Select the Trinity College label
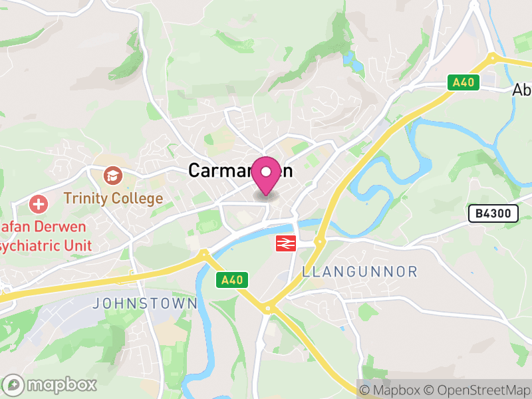click(113, 198)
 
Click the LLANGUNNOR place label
click(360, 271)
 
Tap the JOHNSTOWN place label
click(144, 303)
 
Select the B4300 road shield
click(493, 213)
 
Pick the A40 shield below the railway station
click(232, 280)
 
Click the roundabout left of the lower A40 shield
click(203, 253)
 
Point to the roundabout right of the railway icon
click(319, 242)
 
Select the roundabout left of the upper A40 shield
click(492, 58)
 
